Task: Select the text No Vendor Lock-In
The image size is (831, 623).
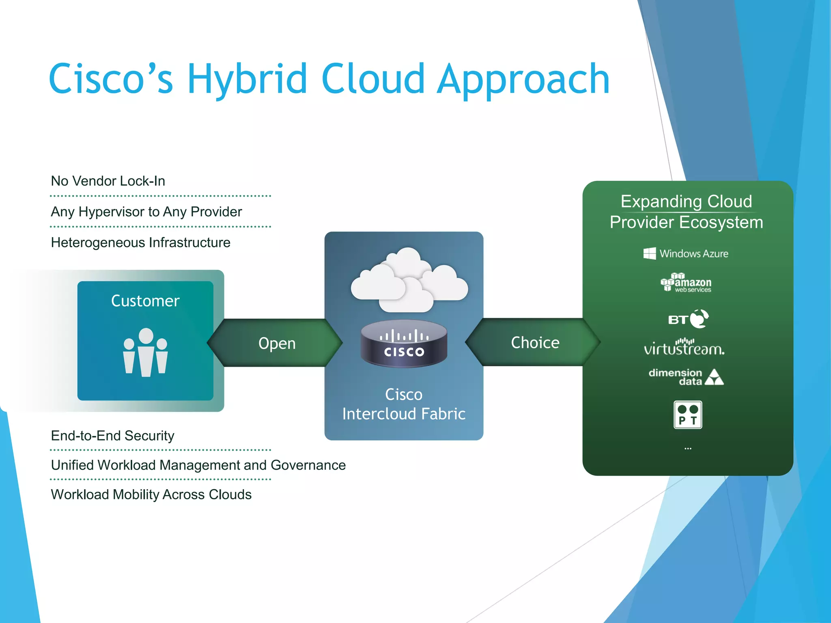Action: point(108,181)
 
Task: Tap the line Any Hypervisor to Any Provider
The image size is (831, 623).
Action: point(146,212)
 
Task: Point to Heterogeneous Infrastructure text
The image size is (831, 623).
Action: point(140,243)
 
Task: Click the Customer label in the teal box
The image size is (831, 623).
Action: point(145,301)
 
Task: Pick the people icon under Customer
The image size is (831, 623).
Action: point(145,352)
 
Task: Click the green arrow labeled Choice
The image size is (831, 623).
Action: point(535,343)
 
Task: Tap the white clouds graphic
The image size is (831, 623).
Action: point(409,280)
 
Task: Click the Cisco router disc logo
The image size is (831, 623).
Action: point(404,344)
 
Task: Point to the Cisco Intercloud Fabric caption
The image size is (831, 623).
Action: point(404,404)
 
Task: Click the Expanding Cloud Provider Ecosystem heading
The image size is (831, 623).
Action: point(687,212)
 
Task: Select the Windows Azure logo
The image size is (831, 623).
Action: point(686,253)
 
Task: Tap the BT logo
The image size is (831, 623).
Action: point(688,319)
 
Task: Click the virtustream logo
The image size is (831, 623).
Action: point(684,348)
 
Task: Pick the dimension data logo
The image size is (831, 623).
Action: point(686,377)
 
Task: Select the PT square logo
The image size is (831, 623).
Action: point(688,415)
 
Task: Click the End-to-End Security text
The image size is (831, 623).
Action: point(112,436)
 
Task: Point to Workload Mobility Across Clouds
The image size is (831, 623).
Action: point(151,494)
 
